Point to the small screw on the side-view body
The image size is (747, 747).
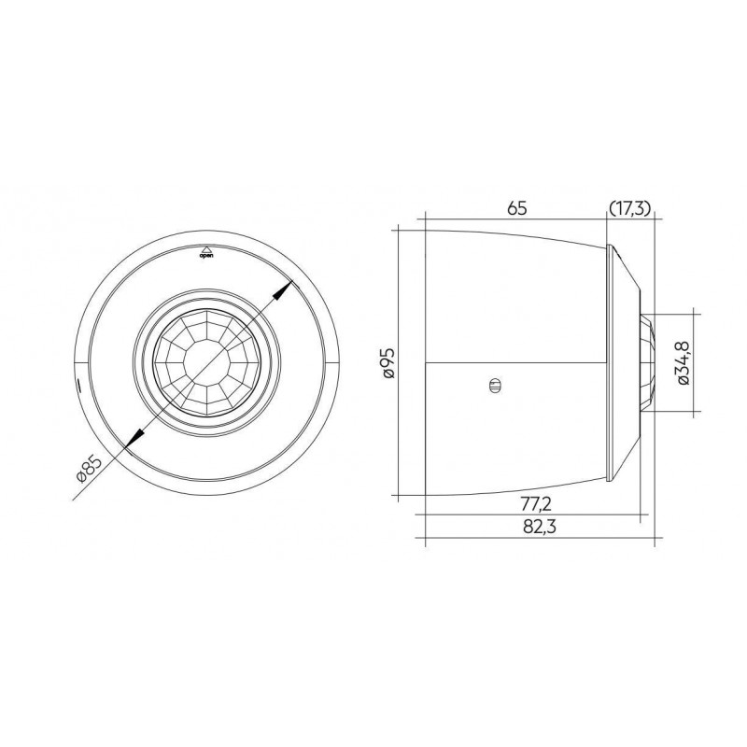coord(494,384)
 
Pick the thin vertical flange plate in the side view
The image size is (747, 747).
coord(612,361)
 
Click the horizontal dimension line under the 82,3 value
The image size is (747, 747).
coord(542,540)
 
